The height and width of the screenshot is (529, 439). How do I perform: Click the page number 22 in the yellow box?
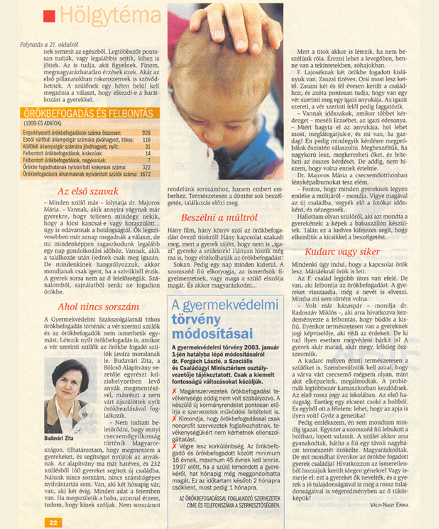point(53,522)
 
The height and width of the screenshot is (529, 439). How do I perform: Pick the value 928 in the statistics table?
point(146,133)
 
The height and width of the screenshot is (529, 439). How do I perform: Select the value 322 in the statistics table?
point(146,167)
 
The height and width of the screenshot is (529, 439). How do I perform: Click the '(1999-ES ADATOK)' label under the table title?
point(43,124)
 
